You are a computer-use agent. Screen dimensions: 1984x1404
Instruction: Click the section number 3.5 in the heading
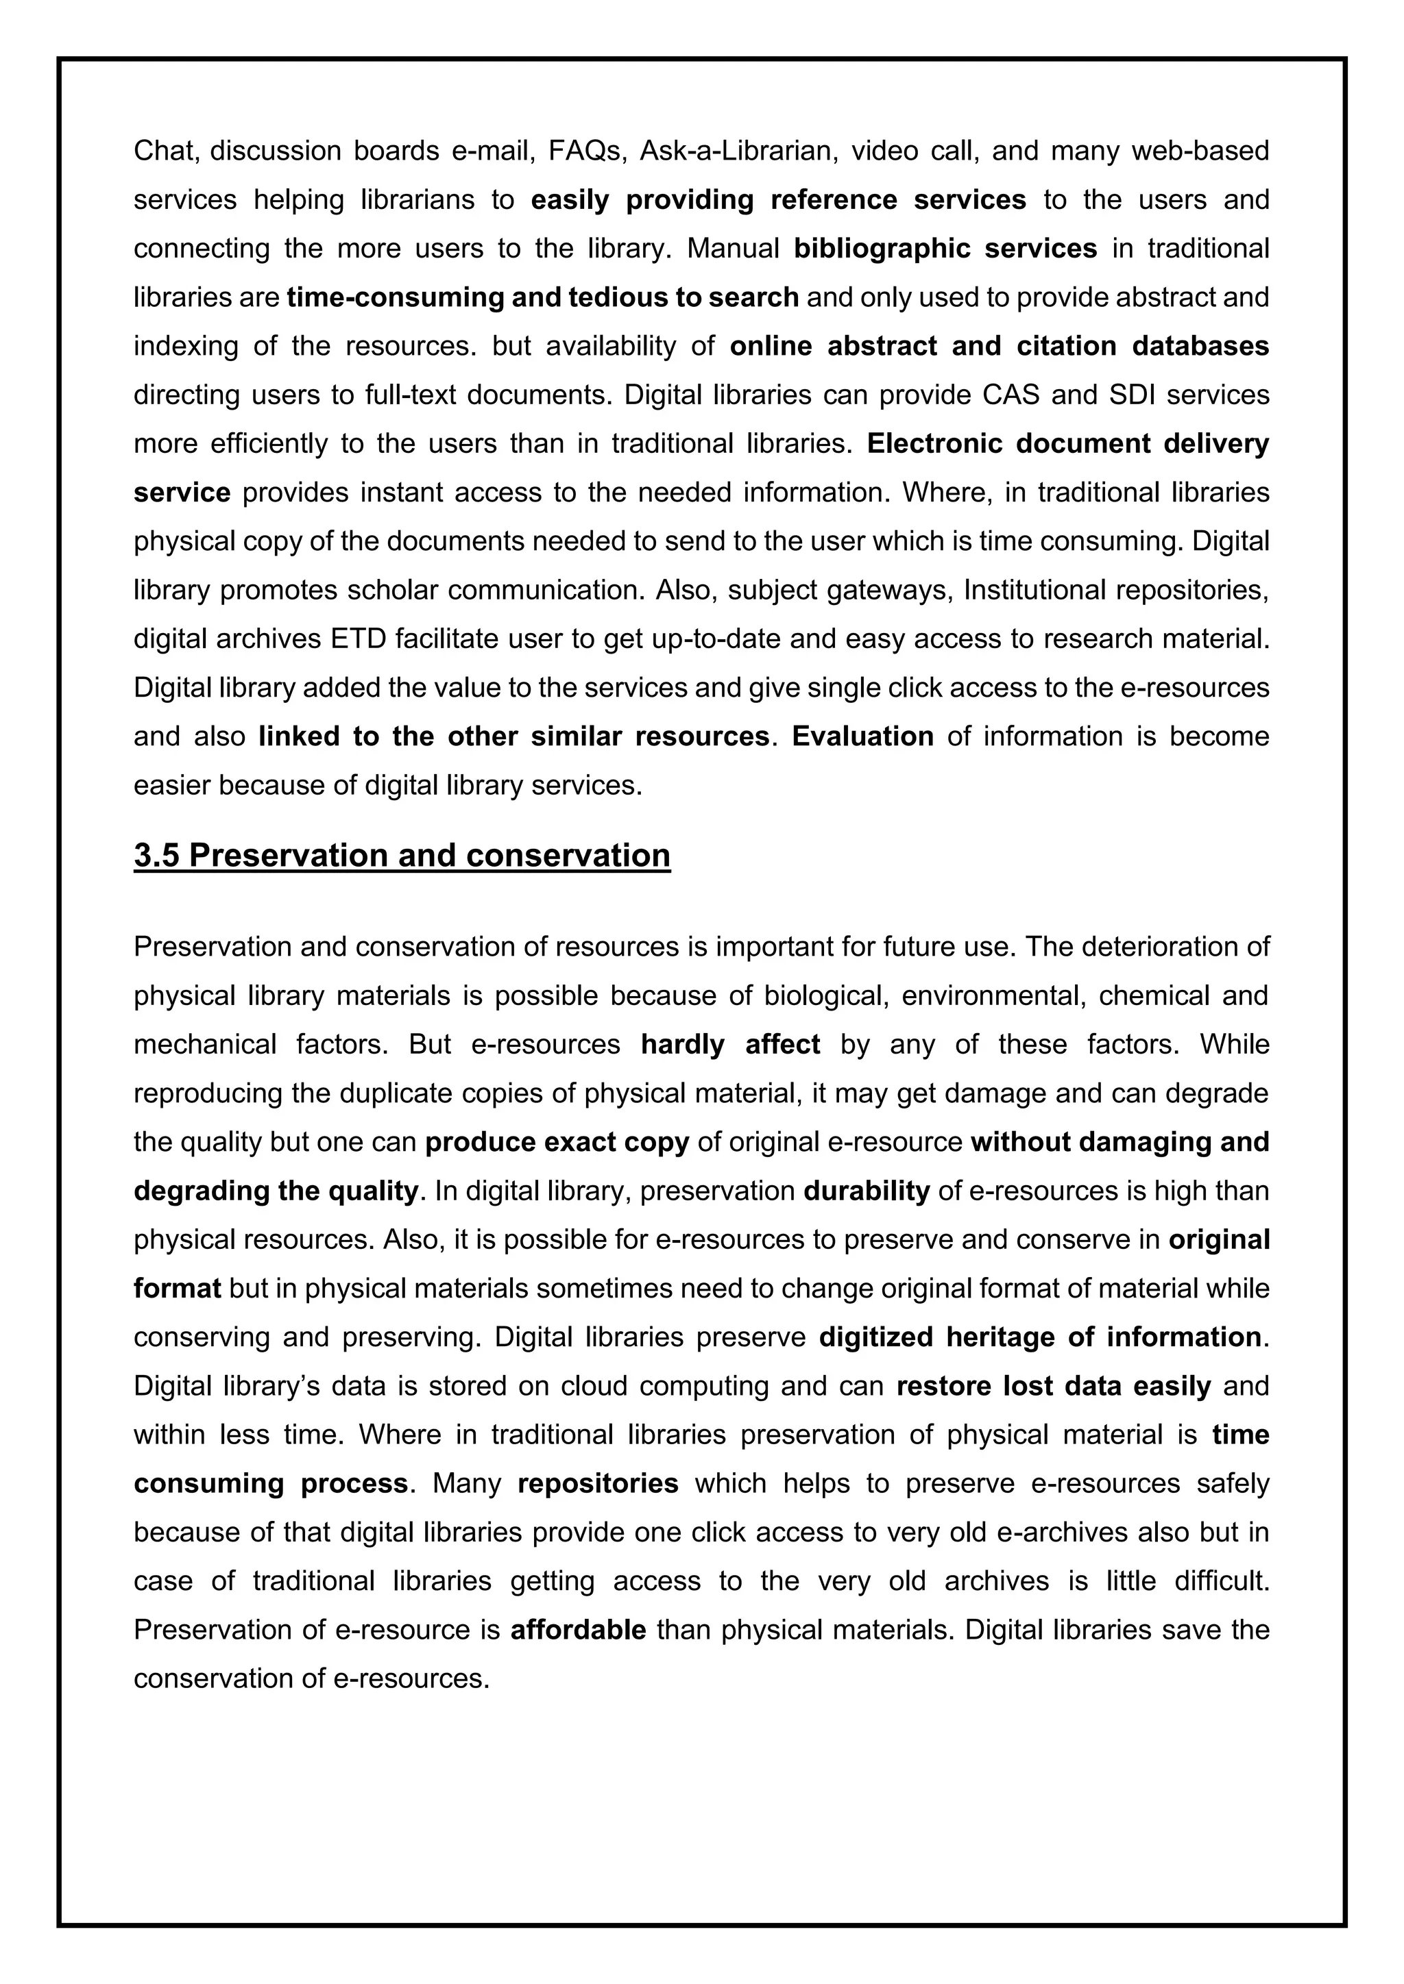click(158, 856)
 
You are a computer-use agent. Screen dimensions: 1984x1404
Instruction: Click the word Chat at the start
click(165, 151)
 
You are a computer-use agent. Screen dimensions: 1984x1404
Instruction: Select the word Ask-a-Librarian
click(739, 151)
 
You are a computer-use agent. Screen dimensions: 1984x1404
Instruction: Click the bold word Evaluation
click(862, 736)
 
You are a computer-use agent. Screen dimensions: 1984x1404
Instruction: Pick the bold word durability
click(867, 1191)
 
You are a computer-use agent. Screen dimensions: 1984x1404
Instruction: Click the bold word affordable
click(579, 1630)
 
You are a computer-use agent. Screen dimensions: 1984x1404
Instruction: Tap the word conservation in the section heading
click(568, 856)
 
